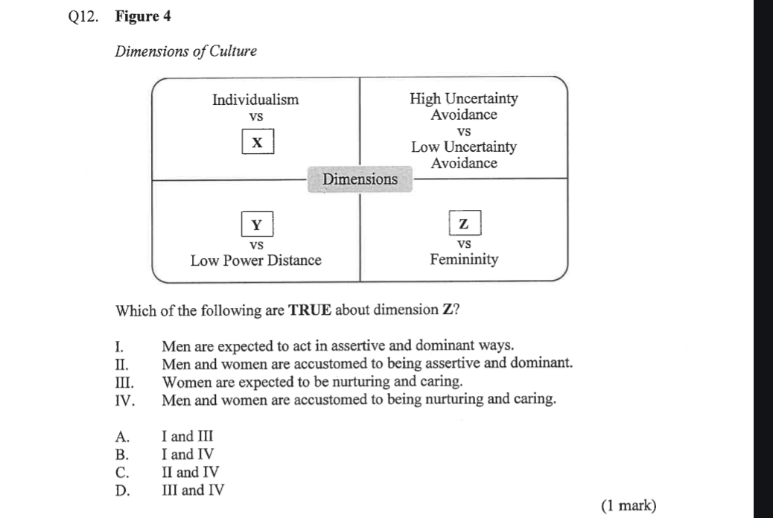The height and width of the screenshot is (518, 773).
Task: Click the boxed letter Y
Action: (257, 224)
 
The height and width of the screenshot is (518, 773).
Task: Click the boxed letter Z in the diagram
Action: (465, 223)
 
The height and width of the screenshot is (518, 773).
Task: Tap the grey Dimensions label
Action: (360, 179)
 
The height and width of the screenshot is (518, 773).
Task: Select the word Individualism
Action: (255, 100)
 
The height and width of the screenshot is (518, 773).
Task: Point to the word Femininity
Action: (464, 260)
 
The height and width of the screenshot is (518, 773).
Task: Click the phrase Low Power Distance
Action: (256, 260)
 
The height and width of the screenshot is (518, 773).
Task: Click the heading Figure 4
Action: (143, 16)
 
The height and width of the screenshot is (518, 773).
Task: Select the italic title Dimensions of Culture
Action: (185, 51)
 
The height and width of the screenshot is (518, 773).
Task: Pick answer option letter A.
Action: (123, 437)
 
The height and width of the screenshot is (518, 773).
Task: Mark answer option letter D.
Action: (123, 490)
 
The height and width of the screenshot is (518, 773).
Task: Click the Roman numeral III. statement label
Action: (124, 383)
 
